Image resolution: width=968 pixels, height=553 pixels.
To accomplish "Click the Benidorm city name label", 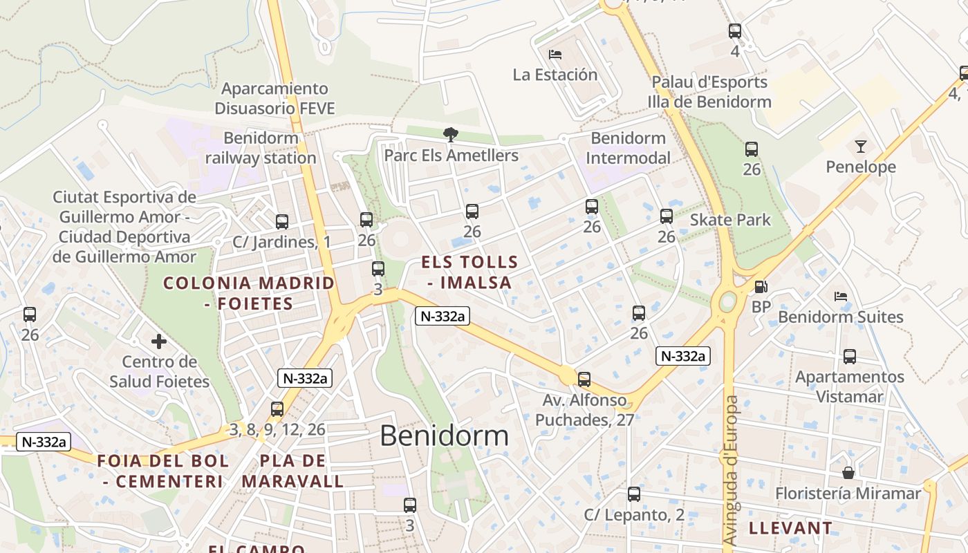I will tap(444, 435).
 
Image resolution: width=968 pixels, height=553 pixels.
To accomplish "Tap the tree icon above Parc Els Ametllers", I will tap(451, 134).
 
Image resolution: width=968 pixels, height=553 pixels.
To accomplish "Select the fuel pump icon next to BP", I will tap(761, 286).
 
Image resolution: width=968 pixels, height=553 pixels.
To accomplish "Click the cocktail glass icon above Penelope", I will tap(860, 146).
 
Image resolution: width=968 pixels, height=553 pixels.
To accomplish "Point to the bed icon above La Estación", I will tap(555, 54).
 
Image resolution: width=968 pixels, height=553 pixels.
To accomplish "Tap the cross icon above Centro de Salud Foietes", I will tap(159, 341).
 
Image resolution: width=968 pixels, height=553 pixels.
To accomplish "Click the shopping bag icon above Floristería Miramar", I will tap(848, 473).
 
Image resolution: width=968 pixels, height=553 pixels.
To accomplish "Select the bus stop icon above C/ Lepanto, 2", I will tap(633, 494).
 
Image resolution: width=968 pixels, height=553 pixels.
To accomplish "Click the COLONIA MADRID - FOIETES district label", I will tap(249, 292).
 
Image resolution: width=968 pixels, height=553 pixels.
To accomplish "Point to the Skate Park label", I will tap(730, 220).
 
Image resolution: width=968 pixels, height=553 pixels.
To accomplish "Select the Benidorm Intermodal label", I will tap(628, 148).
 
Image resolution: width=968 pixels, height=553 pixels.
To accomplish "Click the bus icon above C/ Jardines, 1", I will tap(282, 222).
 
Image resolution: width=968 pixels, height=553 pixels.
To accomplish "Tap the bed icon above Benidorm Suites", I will tap(841, 297).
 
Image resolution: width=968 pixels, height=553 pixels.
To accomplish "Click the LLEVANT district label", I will tap(791, 528).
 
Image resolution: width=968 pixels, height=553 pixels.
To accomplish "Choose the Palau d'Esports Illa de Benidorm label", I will tap(709, 92).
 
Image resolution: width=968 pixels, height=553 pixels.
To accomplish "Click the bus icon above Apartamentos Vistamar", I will tap(849, 357).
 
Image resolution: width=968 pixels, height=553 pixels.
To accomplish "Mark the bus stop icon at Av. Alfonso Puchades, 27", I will tap(584, 379).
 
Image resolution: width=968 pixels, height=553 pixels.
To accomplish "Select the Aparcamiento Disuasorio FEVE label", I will tap(274, 98).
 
